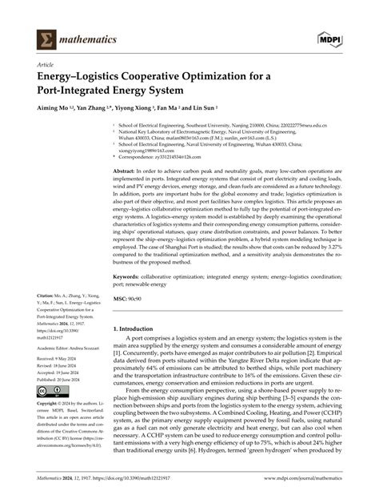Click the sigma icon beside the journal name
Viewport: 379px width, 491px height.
[x=47, y=38]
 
